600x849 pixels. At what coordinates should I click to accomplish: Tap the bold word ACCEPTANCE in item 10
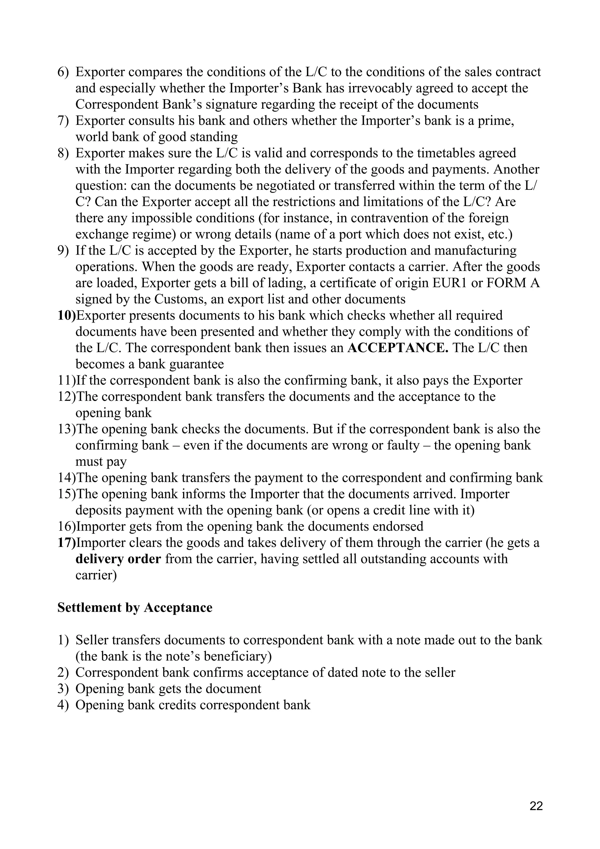point(398,348)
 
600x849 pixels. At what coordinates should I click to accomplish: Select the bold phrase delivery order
point(118,559)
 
